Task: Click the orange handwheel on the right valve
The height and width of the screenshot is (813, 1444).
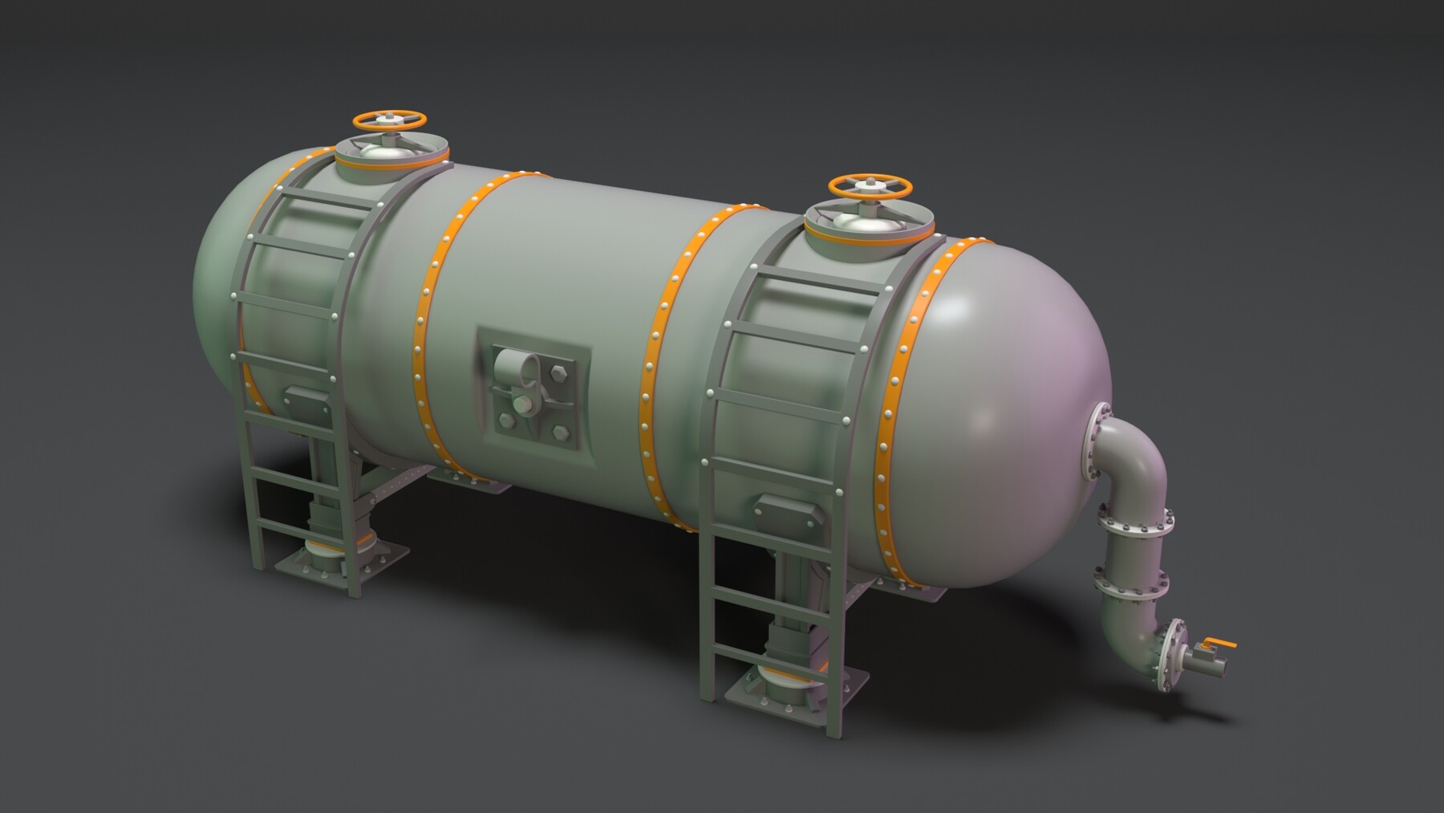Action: pos(870,186)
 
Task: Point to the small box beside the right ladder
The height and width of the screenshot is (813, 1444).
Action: pos(790,507)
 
